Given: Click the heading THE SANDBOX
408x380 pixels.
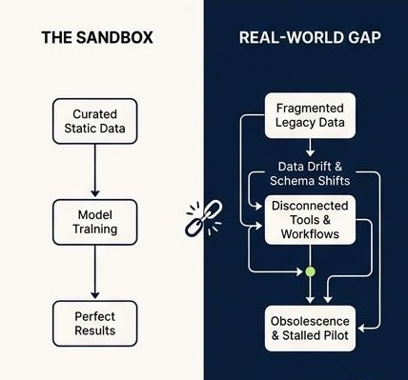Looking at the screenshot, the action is [97, 37].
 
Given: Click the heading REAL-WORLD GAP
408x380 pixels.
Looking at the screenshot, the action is [310, 37].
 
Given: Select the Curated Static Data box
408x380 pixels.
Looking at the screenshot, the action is [95, 121].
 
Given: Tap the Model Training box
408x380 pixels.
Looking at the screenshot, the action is [95, 222].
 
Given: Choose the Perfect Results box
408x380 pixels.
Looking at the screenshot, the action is [95, 324].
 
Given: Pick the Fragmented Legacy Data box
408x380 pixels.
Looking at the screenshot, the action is [310, 115].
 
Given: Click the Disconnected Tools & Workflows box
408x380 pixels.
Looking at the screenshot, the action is [310, 220].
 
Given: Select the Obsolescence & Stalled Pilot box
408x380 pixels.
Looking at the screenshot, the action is [310, 329].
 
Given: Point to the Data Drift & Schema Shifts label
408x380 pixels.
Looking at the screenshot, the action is [310, 173].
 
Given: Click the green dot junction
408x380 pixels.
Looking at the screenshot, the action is [310, 271].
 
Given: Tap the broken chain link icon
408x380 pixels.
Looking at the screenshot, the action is [204, 218].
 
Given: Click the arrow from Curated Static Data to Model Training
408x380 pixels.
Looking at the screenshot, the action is [95, 170].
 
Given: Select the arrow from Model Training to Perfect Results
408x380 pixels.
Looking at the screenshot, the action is [95, 271].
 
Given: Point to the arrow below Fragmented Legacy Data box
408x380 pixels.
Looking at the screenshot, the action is [310, 148].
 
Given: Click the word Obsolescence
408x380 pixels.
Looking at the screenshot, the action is [310, 321].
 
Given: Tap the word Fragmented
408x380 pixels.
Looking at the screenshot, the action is [310, 109].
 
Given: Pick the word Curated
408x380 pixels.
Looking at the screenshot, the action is [95, 114].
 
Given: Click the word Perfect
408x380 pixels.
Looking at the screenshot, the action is [95, 316].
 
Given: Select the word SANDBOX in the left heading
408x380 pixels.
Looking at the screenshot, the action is [114, 37].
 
